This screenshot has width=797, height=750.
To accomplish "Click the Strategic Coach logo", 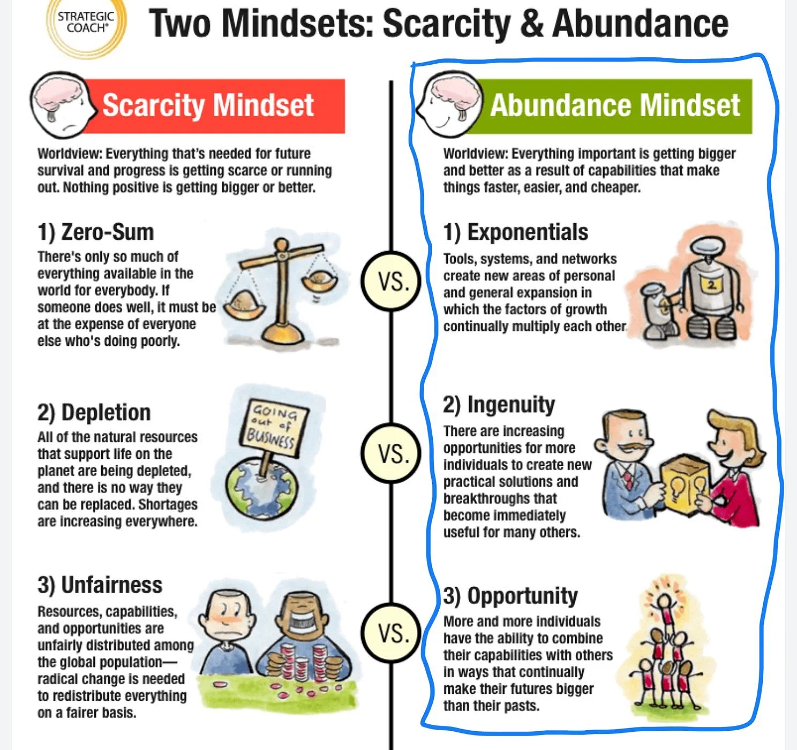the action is [x=85, y=24].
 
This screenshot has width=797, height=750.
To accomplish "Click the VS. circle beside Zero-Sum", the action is [x=391, y=281].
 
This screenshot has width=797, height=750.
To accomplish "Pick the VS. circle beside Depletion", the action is [x=391, y=453].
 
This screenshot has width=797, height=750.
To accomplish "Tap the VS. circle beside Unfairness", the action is [x=391, y=633].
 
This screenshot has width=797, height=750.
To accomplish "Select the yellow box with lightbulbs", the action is [x=685, y=482].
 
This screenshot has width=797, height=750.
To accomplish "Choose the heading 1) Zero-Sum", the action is [x=95, y=232].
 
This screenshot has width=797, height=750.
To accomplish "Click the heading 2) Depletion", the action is [x=94, y=413].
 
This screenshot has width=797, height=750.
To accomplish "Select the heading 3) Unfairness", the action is [x=100, y=585].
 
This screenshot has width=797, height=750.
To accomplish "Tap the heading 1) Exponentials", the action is [x=515, y=232].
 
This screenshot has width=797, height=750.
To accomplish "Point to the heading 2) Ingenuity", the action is [x=499, y=405].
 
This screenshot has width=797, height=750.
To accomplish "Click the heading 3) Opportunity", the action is [x=510, y=596].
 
